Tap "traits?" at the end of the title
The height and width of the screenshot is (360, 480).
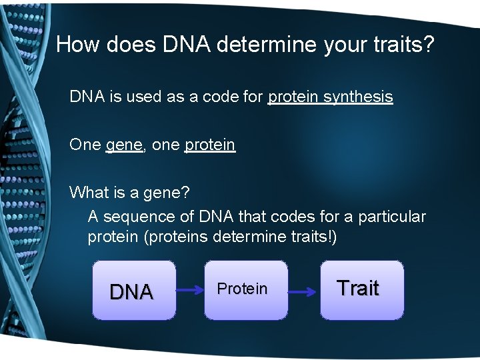(409, 45)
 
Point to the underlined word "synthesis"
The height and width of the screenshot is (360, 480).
(358, 97)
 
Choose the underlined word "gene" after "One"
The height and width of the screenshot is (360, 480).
(124, 145)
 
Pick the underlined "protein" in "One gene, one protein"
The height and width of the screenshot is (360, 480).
(210, 145)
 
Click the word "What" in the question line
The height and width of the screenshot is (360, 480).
(87, 193)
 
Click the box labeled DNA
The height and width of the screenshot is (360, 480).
(134, 290)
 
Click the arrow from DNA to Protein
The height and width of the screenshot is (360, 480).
(190, 291)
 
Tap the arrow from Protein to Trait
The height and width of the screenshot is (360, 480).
(303, 291)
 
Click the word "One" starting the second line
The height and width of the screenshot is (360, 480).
(85, 145)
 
